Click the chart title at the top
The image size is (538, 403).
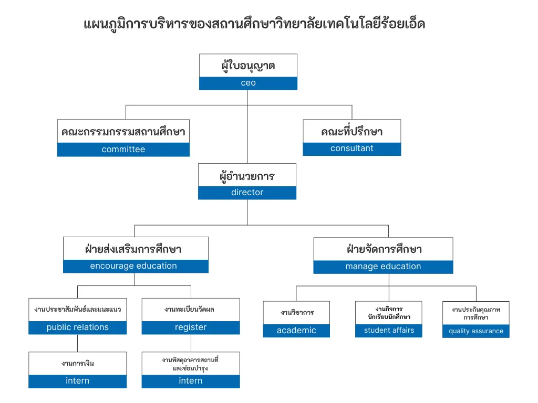254,24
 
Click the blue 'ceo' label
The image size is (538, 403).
248,83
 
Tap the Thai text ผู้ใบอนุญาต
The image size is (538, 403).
248,66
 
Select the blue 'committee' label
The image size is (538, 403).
123,150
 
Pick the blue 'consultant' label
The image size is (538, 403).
352,149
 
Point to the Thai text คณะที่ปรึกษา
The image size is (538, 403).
352,131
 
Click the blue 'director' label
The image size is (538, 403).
247,193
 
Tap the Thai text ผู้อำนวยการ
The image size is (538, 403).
247,176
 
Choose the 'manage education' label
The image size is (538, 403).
383,267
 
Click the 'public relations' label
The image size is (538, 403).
78,327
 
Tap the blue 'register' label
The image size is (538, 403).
191,327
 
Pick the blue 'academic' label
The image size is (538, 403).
296,331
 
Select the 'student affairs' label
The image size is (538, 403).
389,331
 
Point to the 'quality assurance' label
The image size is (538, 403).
476,331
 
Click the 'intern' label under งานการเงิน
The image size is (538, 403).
78,381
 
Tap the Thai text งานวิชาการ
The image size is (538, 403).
297,312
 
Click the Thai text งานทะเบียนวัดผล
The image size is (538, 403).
190,310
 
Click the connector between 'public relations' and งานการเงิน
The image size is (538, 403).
78,343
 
